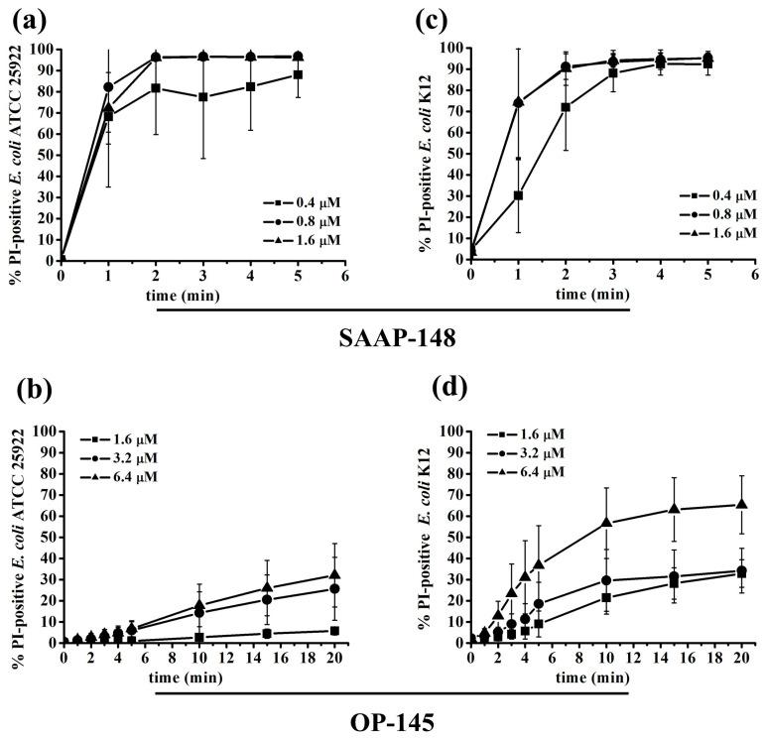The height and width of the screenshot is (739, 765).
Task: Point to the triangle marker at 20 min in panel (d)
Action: [741, 504]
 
